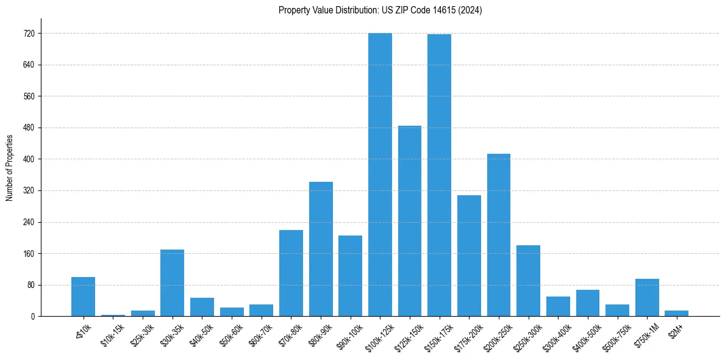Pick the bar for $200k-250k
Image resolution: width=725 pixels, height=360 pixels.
(499, 235)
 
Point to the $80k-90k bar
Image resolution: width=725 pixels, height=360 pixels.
(321, 249)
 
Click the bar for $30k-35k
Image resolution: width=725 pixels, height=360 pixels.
(172, 283)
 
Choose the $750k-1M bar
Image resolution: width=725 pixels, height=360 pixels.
(647, 297)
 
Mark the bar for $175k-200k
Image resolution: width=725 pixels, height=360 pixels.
(469, 256)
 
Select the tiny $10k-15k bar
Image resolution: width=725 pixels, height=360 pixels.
(113, 315)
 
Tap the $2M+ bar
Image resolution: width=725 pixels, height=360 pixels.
(677, 313)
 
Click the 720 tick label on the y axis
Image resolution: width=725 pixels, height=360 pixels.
(27, 34)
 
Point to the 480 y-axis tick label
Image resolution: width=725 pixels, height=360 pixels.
(27, 128)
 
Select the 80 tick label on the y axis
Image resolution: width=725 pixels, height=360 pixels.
(29, 285)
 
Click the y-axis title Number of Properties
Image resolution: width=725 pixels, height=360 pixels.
(10, 168)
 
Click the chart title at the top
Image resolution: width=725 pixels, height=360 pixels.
(380, 10)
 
